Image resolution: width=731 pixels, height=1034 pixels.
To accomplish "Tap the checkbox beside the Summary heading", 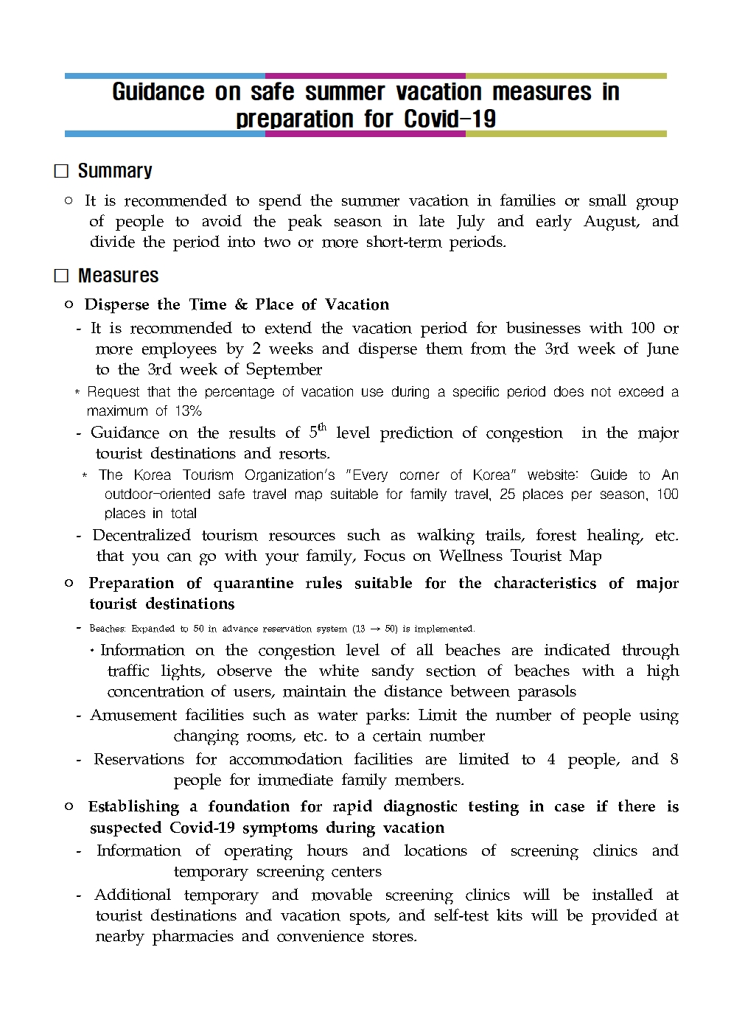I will coord(62,171).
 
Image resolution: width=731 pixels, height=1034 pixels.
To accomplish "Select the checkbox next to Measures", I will coord(62,276).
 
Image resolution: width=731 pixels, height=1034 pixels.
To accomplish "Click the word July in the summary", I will coord(470,222).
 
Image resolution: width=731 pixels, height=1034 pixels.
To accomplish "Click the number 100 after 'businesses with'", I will coord(643,328).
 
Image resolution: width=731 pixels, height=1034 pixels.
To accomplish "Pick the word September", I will coord(284,369).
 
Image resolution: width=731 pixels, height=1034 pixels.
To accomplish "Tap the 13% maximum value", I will coord(188,411).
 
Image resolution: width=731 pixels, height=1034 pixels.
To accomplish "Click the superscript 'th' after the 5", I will coord(322,427).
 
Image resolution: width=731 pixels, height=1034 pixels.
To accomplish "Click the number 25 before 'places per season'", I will coord(507,495).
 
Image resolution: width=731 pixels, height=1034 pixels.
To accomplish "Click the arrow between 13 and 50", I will coord(375,629).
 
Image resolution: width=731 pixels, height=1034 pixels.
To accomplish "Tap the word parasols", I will coord(547,691).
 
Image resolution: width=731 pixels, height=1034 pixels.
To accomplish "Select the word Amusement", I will coord(133,715).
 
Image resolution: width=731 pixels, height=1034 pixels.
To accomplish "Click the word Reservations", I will coord(139,759).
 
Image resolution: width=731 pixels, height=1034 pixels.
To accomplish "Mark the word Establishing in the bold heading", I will coord(133,806).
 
